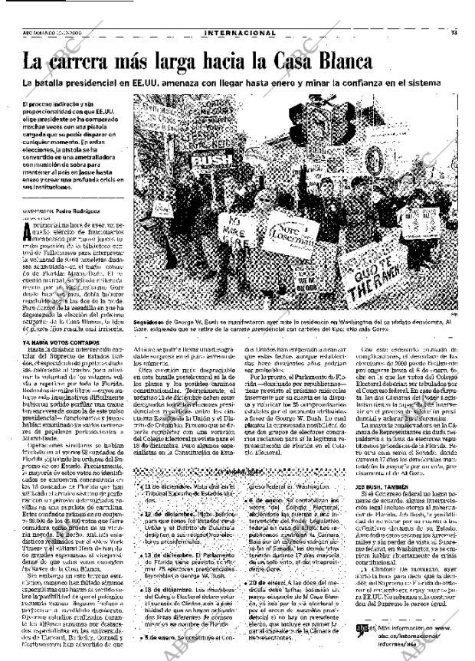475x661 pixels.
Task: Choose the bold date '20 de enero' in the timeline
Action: (271, 583)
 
